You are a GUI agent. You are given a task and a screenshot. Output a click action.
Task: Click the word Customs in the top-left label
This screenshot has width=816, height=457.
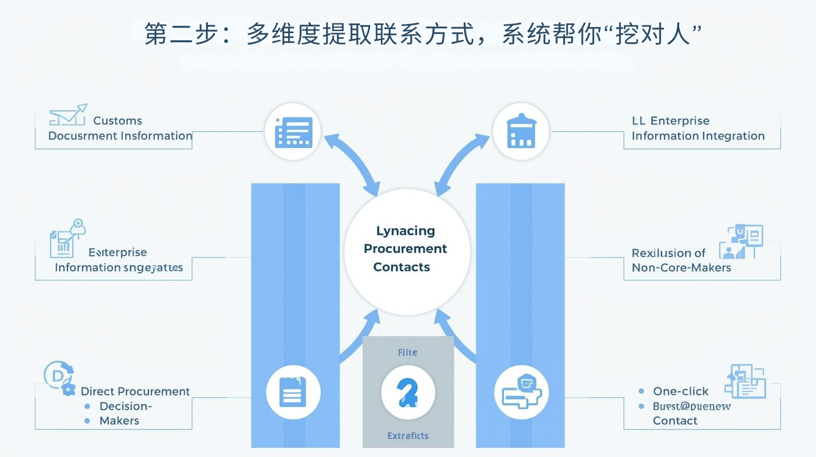pos(117,121)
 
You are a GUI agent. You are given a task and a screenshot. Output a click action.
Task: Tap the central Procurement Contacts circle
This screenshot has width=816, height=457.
pos(406,249)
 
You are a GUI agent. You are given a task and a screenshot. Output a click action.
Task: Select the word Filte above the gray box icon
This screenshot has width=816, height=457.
pos(407,352)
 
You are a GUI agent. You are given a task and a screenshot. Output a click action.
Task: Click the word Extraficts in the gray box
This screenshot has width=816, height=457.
pos(407,436)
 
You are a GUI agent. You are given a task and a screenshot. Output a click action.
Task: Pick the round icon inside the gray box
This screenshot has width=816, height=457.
pos(407,393)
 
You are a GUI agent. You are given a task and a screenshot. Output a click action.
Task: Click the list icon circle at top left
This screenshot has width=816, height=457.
pos(293,132)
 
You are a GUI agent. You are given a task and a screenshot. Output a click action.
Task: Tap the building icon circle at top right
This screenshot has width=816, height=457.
pos(521,131)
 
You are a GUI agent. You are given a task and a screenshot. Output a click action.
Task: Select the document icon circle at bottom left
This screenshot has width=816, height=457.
pos(293,392)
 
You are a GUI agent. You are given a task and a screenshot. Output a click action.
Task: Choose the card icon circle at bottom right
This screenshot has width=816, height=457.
pos(521,392)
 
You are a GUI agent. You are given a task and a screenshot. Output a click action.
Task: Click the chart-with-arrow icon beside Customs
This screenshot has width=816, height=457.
pos(68,115)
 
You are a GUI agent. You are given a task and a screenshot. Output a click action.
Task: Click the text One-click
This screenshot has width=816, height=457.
pos(680,391)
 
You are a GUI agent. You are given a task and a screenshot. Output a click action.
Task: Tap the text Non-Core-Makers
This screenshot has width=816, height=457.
pos(681,268)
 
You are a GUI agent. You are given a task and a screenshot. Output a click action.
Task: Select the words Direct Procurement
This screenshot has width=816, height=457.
pos(135,391)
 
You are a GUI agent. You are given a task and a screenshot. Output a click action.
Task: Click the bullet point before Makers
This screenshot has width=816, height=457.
pos(87,421)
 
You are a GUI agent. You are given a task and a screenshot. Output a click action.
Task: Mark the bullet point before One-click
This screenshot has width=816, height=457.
pos(641,391)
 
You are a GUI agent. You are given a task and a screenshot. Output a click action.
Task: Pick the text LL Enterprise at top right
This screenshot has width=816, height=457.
pos(670,121)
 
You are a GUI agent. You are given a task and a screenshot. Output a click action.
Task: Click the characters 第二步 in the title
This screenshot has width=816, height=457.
pos(181,34)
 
